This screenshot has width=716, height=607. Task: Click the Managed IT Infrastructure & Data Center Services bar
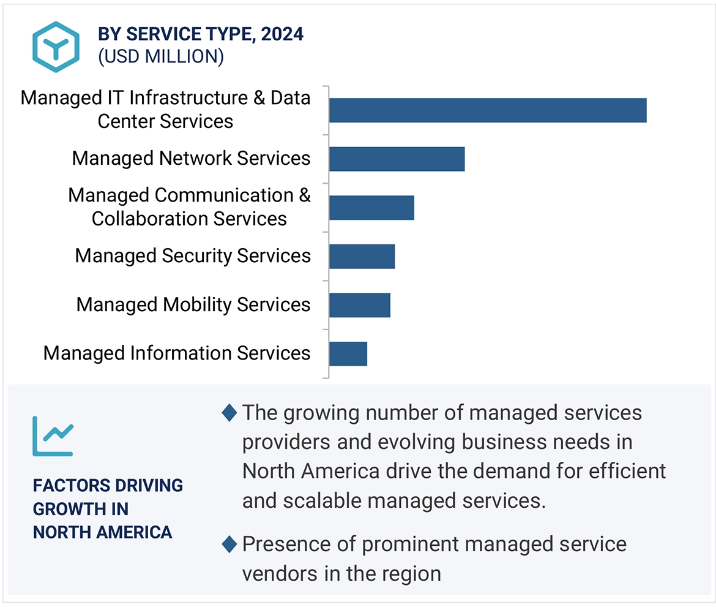[x=487, y=110]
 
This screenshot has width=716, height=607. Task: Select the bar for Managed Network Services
[x=397, y=159]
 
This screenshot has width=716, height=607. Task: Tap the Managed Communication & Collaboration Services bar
[x=371, y=208]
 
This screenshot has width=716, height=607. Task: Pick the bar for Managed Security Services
[x=362, y=256]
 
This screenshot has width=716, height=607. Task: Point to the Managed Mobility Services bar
[x=359, y=305]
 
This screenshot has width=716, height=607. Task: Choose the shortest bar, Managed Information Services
[x=348, y=353]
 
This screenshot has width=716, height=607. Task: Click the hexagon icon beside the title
[x=56, y=47]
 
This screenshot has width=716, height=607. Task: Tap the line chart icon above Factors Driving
[x=53, y=435]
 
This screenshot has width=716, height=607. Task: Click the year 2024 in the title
[x=282, y=34]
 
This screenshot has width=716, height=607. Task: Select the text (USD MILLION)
[x=161, y=56]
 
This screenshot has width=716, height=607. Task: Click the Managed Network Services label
[x=191, y=159]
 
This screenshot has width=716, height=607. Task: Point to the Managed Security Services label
[x=193, y=256]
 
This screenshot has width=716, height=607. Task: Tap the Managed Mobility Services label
[x=193, y=305]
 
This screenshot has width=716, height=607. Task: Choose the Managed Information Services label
[x=177, y=353]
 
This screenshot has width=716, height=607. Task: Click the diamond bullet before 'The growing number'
[x=229, y=413]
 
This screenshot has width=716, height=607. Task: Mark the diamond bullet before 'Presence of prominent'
[x=229, y=544]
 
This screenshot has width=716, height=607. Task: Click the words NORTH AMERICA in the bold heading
[x=102, y=532]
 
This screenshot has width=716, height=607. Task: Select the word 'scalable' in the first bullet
[x=325, y=501]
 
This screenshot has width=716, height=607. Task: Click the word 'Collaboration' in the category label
[x=149, y=219]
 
